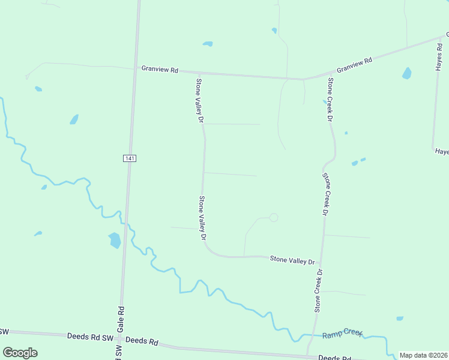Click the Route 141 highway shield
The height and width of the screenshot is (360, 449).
[x=130, y=158]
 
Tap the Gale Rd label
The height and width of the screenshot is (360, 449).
[x=121, y=317]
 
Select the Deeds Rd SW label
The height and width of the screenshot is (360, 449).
[x=90, y=337]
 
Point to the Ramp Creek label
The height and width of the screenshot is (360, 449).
[x=343, y=334]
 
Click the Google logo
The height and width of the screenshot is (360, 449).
[x=20, y=353]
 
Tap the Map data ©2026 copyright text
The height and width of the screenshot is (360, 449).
[x=423, y=355]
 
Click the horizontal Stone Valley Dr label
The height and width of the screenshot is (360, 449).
[x=292, y=260]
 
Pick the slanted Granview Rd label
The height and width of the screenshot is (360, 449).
[x=354, y=65]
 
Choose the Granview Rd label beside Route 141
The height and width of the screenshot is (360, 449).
[x=160, y=70]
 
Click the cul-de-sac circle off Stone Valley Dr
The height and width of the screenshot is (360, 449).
[x=274, y=218]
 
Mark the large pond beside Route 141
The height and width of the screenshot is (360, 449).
[x=114, y=241]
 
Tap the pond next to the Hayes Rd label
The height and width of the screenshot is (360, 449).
[x=407, y=73]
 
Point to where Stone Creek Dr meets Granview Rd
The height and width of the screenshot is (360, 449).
[x=304, y=79]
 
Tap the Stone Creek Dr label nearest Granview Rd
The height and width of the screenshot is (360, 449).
[x=330, y=100]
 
